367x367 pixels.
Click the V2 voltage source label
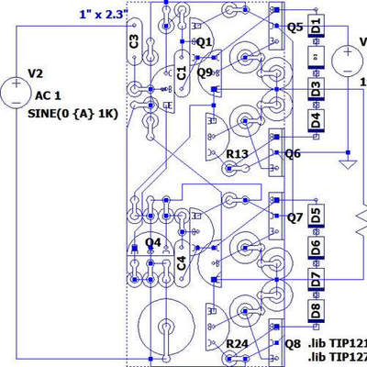(36, 72)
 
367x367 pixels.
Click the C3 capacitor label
(134, 41)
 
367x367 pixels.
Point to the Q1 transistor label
(204, 42)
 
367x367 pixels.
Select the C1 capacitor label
(182, 71)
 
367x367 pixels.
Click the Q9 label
(206, 71)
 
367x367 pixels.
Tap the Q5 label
(295, 28)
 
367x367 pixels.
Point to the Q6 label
(293, 154)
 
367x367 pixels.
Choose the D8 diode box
(316, 308)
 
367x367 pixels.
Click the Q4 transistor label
(153, 243)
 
